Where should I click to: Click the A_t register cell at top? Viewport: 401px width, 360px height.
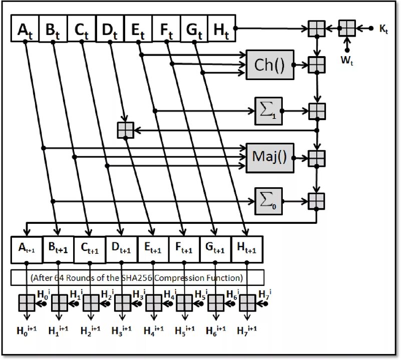(25, 30)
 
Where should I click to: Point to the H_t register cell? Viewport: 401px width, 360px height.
(221, 30)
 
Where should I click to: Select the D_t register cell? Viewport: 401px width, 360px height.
(109, 30)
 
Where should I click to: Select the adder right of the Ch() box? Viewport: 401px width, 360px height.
(316, 65)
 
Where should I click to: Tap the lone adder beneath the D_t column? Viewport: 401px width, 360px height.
(125, 130)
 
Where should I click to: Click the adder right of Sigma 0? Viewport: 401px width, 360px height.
(316, 200)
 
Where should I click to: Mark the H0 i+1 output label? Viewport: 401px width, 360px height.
(27, 331)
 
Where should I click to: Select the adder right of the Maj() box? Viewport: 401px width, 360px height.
(316, 157)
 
